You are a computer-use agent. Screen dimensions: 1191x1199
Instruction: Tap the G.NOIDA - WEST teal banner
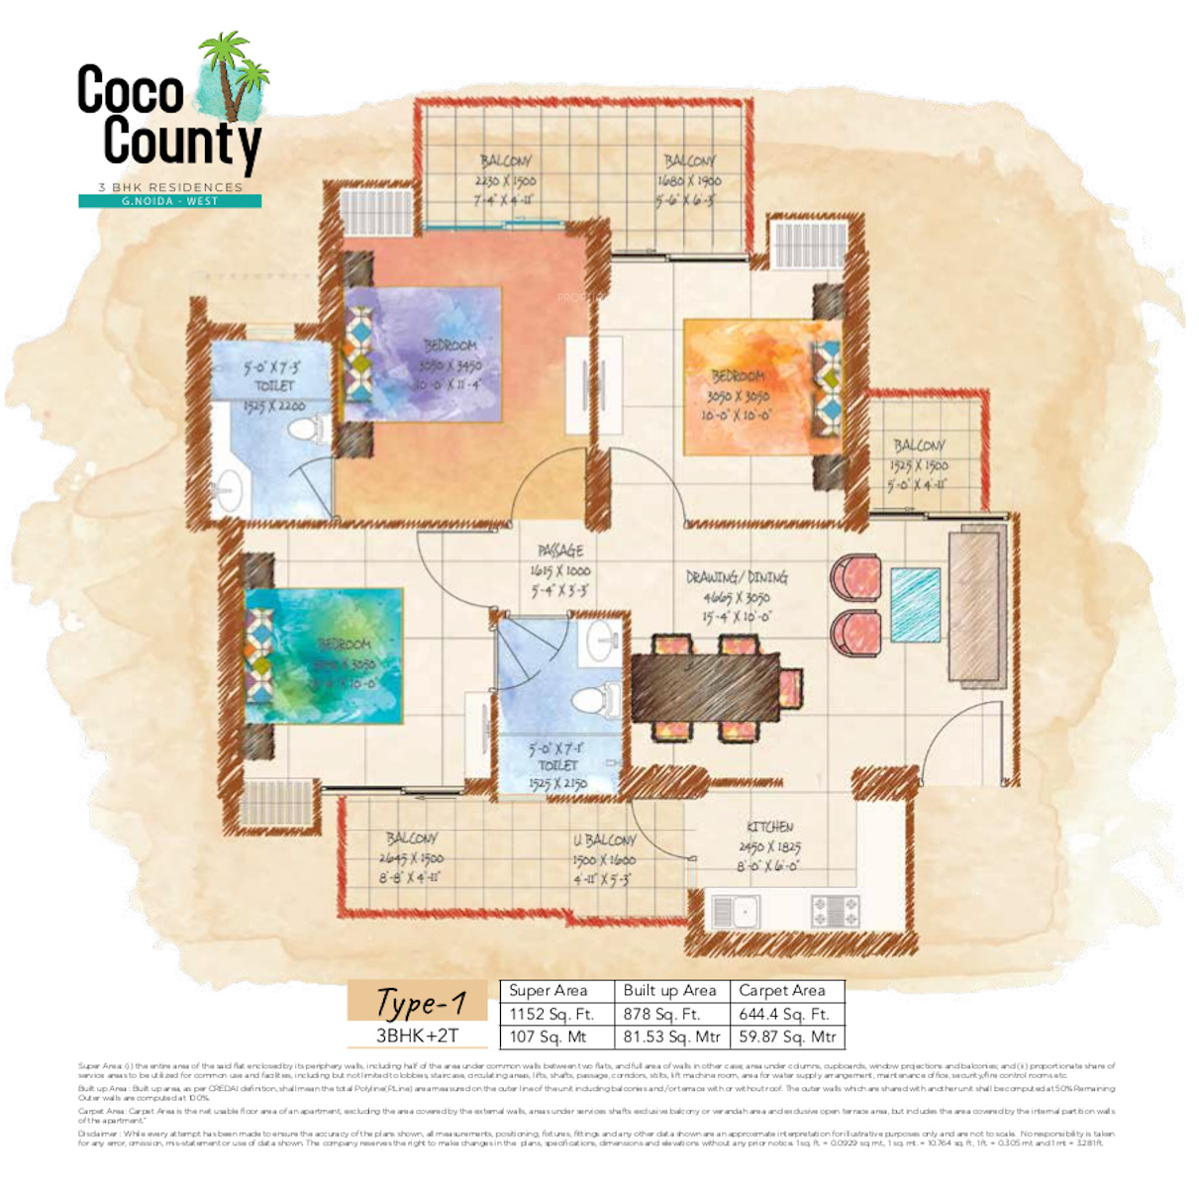click(x=169, y=201)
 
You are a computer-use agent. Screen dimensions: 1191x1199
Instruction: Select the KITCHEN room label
click(x=769, y=827)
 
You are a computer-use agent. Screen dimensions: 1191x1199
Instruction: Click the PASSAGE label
click(x=560, y=550)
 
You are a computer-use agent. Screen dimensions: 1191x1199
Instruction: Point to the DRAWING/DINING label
click(x=737, y=577)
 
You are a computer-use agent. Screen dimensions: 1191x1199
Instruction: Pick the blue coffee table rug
click(x=915, y=605)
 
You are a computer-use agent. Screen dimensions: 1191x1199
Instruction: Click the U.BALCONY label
click(x=604, y=841)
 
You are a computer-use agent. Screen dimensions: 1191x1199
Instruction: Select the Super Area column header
click(x=548, y=990)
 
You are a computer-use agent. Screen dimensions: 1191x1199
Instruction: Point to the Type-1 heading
click(x=420, y=1002)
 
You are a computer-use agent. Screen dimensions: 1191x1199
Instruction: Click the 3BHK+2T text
click(x=417, y=1036)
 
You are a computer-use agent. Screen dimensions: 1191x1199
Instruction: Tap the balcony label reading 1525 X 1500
click(x=919, y=464)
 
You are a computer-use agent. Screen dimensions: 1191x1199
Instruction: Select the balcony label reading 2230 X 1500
click(x=505, y=181)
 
